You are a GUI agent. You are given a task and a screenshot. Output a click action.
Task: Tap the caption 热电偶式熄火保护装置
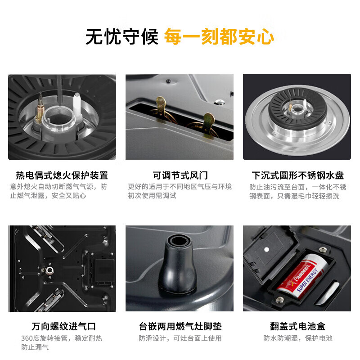point(62,175)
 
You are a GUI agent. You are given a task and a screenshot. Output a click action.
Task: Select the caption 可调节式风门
point(180,175)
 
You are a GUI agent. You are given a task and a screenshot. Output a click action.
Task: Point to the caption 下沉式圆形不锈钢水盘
point(297,175)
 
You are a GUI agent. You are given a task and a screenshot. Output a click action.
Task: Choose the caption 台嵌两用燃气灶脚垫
point(180,326)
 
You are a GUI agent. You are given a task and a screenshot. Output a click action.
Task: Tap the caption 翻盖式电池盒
point(297,326)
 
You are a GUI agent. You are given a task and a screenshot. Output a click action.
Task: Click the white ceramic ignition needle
point(77,105)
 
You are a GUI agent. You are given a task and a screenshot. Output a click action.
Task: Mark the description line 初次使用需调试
point(152,196)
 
